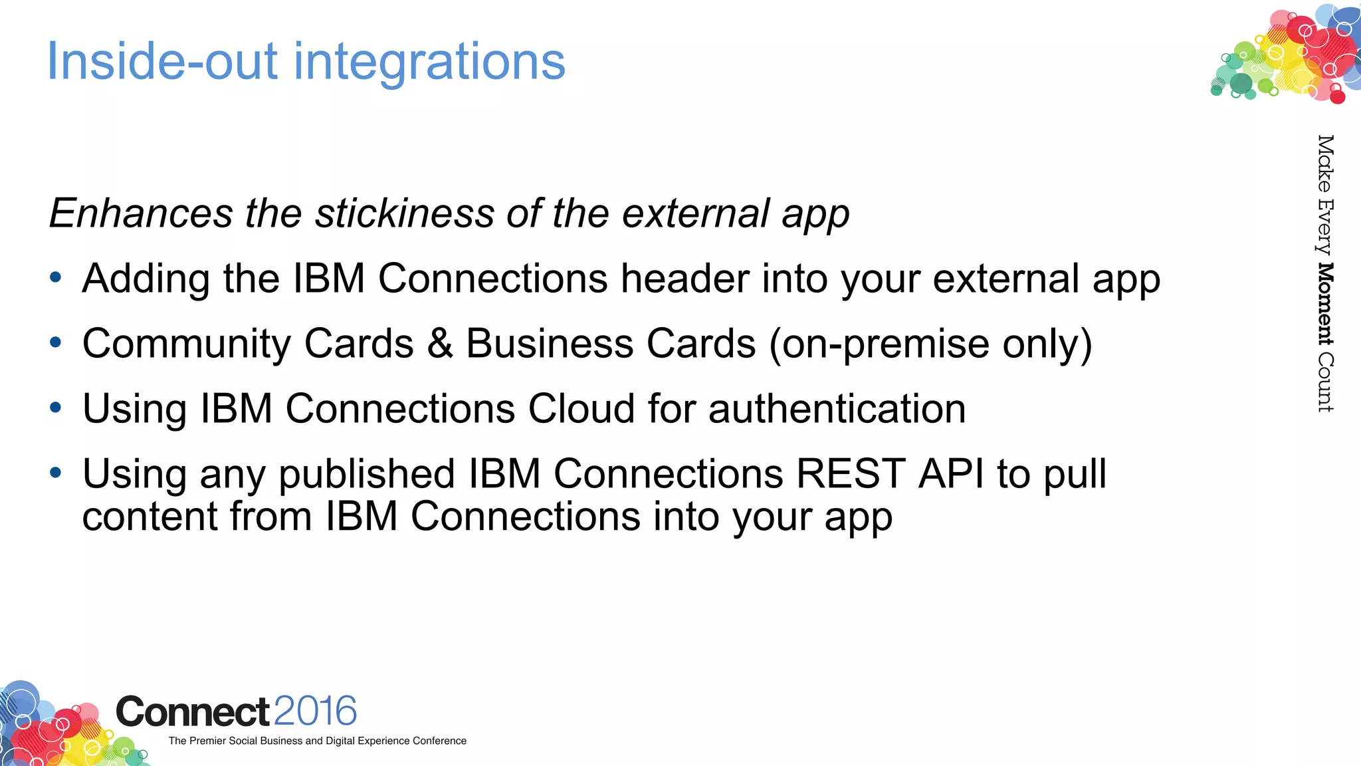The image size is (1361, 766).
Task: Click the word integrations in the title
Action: click(x=429, y=62)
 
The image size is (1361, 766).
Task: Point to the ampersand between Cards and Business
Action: click(x=440, y=344)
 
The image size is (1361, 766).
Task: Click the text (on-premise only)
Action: click(x=930, y=344)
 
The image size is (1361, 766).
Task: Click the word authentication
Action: click(x=837, y=408)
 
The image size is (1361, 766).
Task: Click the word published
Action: click(x=366, y=475)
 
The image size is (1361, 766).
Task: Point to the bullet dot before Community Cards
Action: click(x=56, y=343)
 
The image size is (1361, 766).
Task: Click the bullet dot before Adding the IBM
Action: click(x=56, y=278)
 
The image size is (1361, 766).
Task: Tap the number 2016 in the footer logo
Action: click(x=315, y=711)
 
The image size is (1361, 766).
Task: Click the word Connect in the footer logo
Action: click(x=193, y=712)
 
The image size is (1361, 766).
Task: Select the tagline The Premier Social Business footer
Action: click(x=317, y=741)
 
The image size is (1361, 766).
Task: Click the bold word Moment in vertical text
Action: click(x=1326, y=305)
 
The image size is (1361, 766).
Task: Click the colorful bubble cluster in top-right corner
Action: click(x=1286, y=53)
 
